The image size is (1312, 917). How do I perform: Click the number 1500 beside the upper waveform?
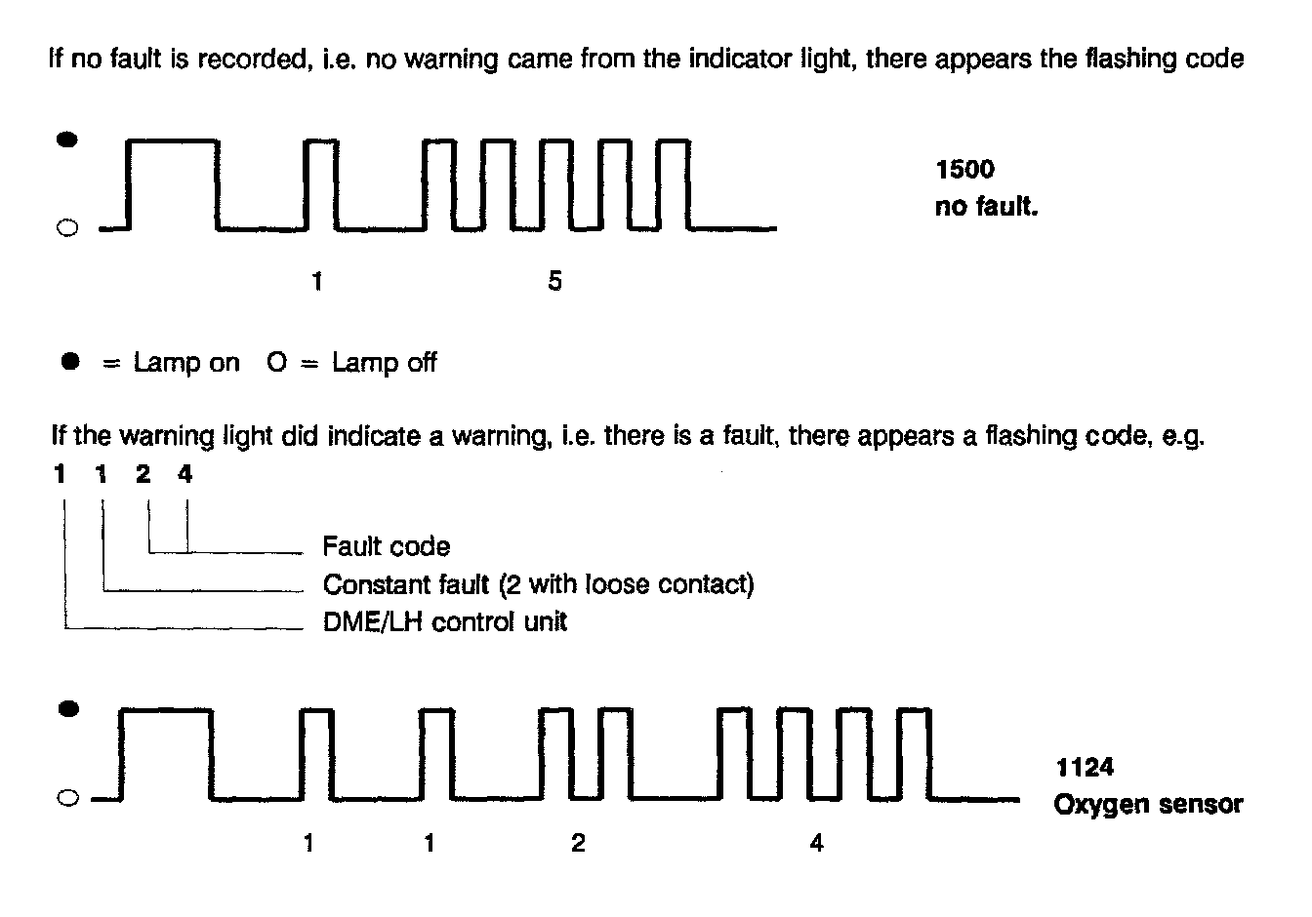(964, 170)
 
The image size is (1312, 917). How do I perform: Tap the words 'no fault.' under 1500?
(986, 207)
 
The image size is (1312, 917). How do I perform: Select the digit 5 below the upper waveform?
(554, 282)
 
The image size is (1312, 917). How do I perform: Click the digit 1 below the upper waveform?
(316, 282)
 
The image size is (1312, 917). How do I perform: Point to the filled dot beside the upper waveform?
(66, 140)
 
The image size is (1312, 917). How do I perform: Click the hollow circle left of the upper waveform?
(66, 229)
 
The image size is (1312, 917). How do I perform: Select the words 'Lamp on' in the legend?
(185, 363)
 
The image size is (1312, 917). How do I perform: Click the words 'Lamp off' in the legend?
(384, 363)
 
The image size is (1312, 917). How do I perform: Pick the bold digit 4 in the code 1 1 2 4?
(185, 475)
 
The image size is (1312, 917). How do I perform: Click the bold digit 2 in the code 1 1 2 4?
(143, 475)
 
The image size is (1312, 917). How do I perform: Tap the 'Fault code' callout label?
(387, 546)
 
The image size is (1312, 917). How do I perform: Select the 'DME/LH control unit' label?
(445, 621)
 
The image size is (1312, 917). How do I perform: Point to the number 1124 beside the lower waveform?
(1085, 768)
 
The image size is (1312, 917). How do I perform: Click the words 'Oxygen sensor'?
(1148, 805)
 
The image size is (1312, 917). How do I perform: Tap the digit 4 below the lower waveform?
(816, 843)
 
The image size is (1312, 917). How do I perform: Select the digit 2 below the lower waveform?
(578, 843)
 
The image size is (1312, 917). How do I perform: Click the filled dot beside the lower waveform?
(67, 709)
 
